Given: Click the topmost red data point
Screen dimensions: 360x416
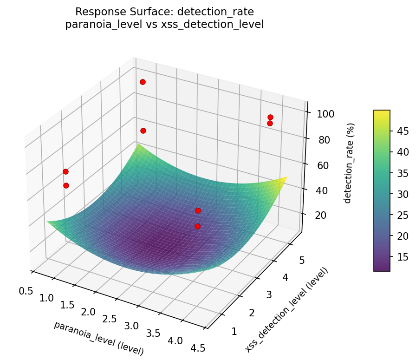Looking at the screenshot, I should click(143, 82).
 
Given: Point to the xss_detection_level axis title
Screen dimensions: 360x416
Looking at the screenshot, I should click(286, 309).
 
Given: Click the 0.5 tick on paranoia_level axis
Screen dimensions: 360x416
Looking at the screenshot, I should click(26, 291).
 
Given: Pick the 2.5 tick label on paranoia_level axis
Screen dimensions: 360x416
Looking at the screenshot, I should click(110, 319).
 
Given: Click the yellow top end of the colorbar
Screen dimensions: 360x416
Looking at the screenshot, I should click(382, 112).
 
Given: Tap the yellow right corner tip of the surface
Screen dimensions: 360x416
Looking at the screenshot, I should click(286, 177).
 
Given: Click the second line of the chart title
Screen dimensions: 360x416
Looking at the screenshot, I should click(164, 24).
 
